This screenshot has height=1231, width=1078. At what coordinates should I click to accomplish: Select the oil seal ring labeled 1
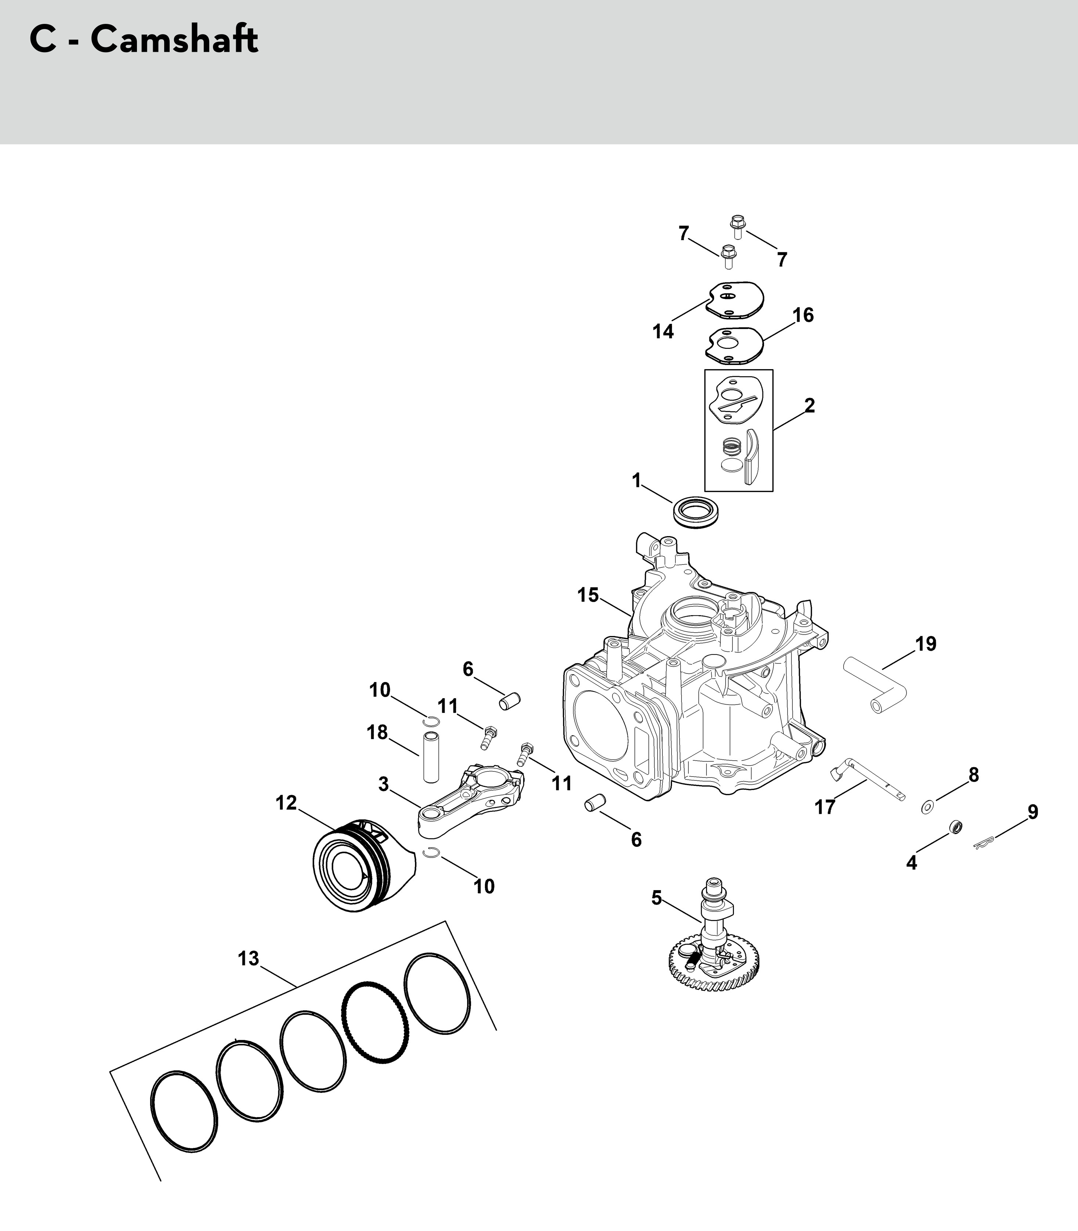(x=699, y=513)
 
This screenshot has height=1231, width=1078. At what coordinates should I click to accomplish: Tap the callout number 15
(x=588, y=595)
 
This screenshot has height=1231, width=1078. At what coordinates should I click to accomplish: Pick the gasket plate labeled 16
(x=734, y=345)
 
